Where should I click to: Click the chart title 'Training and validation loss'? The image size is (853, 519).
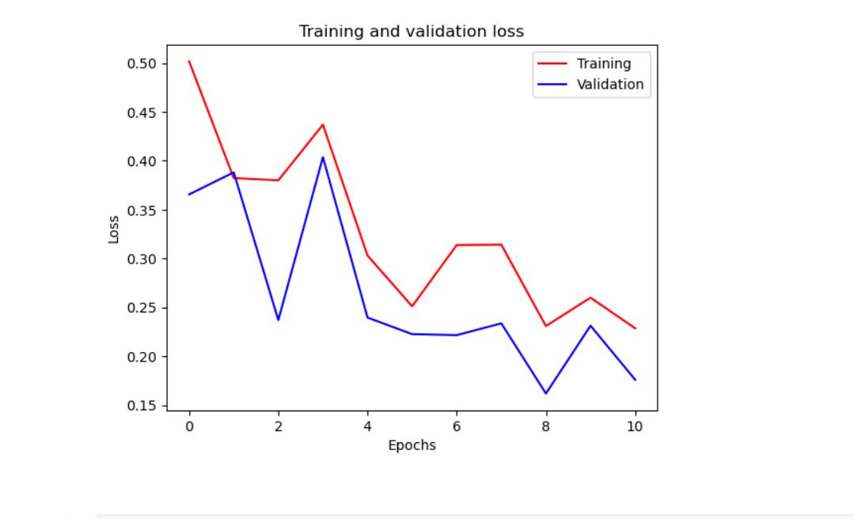pos(411,32)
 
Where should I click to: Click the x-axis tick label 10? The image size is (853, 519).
pos(635,426)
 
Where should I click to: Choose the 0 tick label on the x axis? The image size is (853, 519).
pos(189,426)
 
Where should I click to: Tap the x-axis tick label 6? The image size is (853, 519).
pos(457,426)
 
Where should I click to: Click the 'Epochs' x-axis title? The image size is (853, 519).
pos(411,445)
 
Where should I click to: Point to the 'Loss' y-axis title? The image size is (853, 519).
pos(114,229)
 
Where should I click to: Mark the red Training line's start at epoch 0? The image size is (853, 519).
pos(189,61)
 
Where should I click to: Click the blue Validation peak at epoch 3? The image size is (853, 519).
pos(323,157)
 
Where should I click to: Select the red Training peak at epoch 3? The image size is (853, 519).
pos(323,124)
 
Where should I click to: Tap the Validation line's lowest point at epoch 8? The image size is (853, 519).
pos(546,393)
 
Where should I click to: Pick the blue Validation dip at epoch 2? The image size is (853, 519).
pos(279,320)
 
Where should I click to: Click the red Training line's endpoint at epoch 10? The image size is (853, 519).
pos(635,328)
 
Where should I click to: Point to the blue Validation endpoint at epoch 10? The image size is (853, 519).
pos(635,380)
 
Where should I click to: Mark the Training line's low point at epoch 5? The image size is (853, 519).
pos(412,306)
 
